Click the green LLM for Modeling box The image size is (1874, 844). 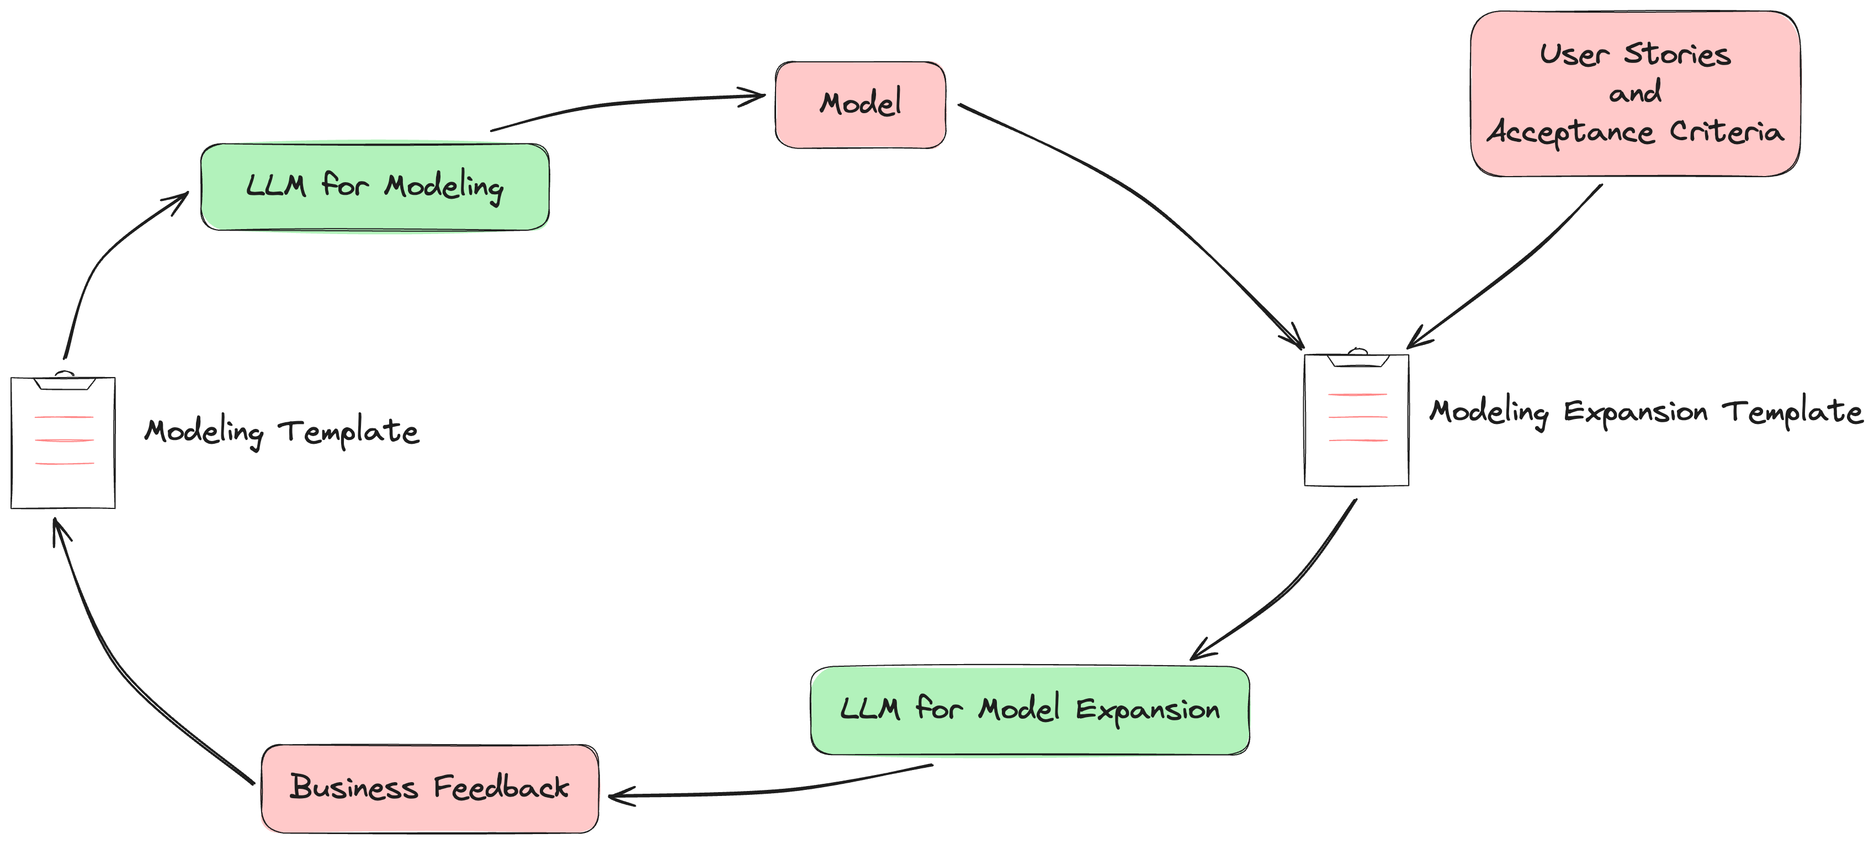point(375,187)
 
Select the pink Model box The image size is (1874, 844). point(861,105)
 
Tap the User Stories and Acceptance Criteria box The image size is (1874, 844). point(1634,94)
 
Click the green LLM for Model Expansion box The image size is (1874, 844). point(1029,710)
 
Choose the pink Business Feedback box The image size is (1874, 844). point(429,788)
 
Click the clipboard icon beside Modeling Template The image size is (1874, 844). point(63,442)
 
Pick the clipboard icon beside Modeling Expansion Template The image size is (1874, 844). point(1356,420)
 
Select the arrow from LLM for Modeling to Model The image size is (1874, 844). point(618,104)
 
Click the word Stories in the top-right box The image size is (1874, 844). point(1677,55)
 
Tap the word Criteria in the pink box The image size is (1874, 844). point(1726,132)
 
